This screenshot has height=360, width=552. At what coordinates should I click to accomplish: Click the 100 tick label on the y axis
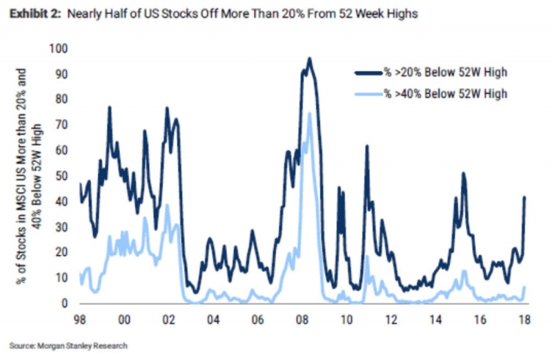(x=61, y=48)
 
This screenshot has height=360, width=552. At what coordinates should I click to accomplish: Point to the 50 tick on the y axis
(x=63, y=176)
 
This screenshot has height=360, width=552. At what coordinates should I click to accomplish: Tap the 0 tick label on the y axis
(x=66, y=303)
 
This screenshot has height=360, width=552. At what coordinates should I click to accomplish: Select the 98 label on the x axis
(x=81, y=321)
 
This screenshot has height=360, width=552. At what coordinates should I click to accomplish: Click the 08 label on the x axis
(x=301, y=321)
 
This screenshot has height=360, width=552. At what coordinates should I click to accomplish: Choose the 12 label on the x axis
(x=390, y=321)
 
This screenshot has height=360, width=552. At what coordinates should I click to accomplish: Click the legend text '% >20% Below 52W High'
(x=446, y=71)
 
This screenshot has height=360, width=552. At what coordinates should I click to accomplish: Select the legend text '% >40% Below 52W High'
(x=446, y=93)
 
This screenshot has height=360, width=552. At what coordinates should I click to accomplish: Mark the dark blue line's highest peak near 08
(x=309, y=59)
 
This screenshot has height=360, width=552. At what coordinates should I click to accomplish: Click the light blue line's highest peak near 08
(x=309, y=113)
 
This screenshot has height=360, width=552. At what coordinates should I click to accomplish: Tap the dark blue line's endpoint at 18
(x=524, y=197)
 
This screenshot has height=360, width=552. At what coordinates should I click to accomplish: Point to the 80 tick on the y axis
(x=63, y=99)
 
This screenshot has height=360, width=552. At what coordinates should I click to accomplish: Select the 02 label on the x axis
(x=168, y=321)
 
